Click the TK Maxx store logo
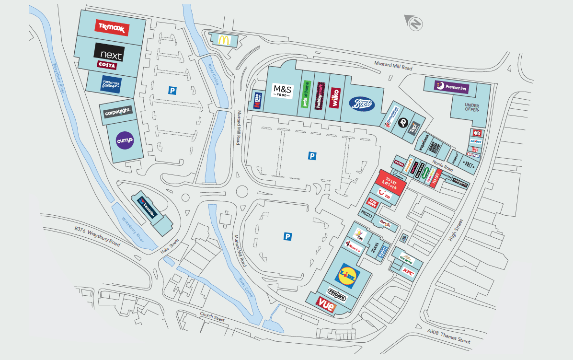[x=112, y=28]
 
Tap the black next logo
[x=109, y=52]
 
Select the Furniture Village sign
[x=111, y=85]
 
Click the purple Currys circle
[x=125, y=140]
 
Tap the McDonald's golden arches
[x=223, y=39]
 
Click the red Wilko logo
[x=334, y=96]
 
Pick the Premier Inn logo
[x=452, y=88]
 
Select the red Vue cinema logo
[x=326, y=304]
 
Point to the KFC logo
[x=408, y=272]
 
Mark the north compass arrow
[x=414, y=23]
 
